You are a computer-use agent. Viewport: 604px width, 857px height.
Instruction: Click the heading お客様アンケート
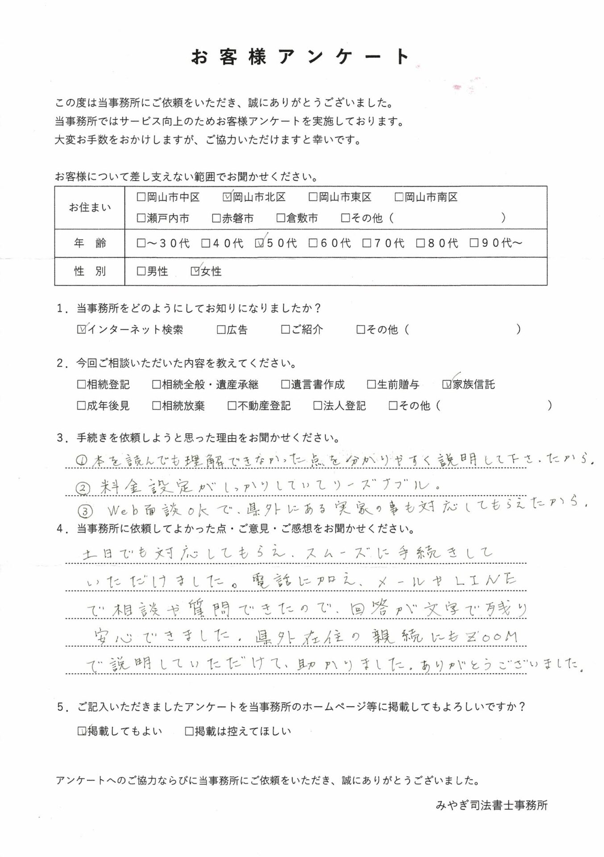[300, 57]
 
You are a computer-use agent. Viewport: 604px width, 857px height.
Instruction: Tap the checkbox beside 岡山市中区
[141, 197]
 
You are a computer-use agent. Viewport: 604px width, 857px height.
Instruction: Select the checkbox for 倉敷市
[281, 218]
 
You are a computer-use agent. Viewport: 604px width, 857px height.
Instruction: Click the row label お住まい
[90, 208]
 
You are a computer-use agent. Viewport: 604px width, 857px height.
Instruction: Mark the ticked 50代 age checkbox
[259, 243]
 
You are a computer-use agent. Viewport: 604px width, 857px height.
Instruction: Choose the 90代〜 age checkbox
[474, 243]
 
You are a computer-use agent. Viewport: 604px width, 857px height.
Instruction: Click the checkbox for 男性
[141, 271]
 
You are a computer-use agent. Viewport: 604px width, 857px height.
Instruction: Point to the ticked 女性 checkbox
[195, 271]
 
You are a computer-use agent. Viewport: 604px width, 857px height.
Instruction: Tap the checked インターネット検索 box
[82, 330]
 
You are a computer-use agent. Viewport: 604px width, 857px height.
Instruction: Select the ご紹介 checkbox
[285, 330]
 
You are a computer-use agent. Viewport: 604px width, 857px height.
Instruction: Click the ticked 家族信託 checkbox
[447, 384]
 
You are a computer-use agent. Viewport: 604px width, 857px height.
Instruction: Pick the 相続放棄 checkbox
[157, 406]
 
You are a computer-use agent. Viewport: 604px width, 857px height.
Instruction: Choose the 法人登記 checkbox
[318, 406]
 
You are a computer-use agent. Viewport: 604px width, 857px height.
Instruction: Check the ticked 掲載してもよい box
[82, 731]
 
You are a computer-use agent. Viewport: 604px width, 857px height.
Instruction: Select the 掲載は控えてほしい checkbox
[189, 731]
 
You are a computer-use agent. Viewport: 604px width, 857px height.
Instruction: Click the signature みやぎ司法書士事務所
[491, 805]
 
